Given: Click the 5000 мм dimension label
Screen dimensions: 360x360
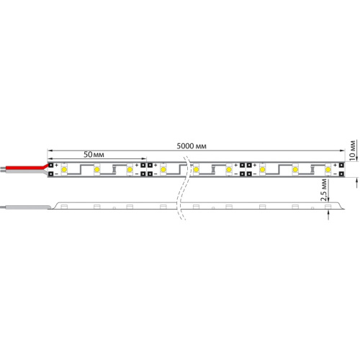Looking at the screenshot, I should tap(192, 146).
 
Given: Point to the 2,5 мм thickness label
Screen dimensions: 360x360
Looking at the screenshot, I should tap(325, 192).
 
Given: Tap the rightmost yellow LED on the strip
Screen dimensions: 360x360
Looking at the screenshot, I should tap(328, 170).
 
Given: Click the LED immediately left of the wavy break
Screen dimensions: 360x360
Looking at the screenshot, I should tap(163, 170).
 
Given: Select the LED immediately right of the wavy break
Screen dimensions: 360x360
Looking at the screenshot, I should tap(195, 170).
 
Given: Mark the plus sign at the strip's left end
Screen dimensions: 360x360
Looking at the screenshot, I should tap(57, 166).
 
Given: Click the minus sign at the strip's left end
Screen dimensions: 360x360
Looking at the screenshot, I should tap(57, 174).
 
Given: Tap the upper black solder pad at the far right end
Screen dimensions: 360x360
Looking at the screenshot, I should tap(339, 166).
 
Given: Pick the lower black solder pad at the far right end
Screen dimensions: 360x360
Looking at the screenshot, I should tap(339, 174).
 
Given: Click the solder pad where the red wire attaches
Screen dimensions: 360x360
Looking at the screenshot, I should tap(51, 166).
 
